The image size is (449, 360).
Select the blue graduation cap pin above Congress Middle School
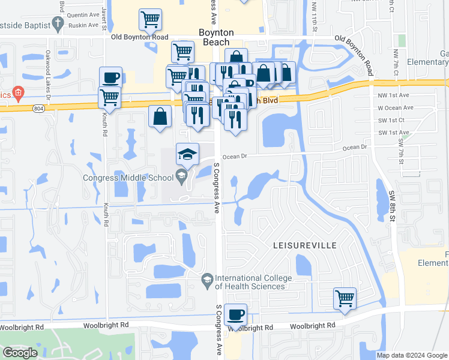tap(187, 155)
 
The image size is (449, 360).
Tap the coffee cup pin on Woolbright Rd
tap(235, 314)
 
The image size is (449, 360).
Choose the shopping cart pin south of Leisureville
tap(345, 298)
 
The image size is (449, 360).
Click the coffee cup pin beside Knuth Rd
tap(110, 77)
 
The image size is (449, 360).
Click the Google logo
tap(20, 353)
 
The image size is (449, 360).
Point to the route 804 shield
tap(38, 107)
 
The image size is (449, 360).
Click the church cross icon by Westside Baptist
tap(58, 23)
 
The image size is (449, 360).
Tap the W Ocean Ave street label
tap(395, 108)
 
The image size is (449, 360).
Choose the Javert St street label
tap(104, 9)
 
